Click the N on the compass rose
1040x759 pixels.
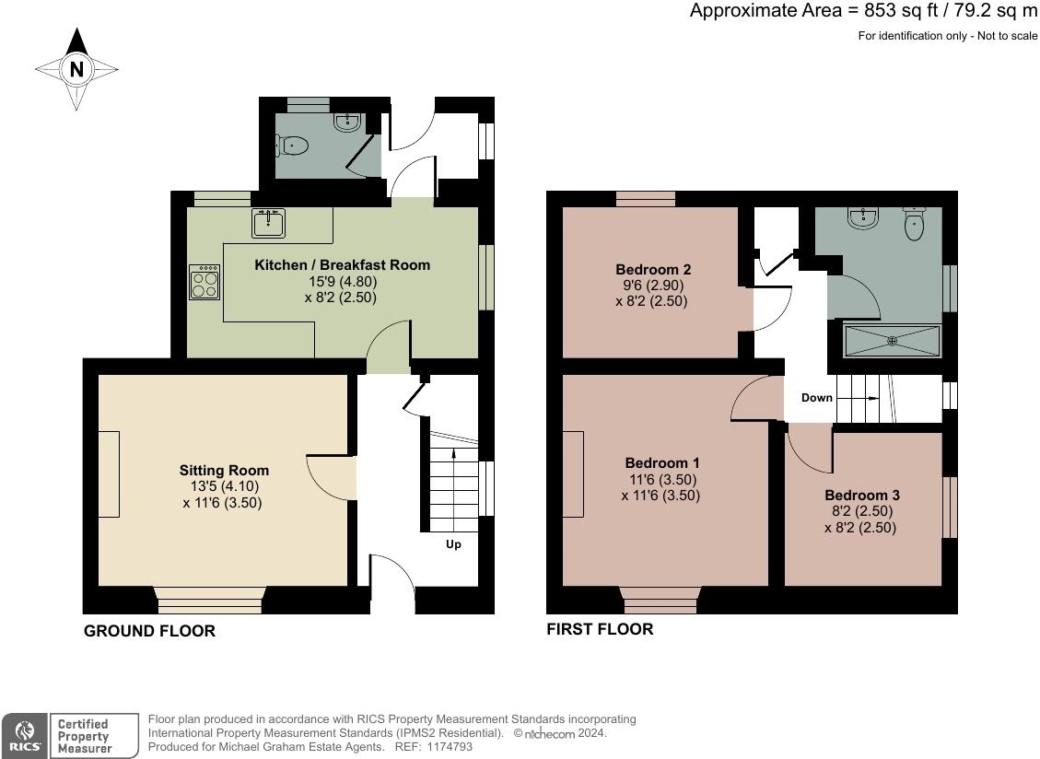[77, 69]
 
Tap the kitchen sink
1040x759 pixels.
[269, 223]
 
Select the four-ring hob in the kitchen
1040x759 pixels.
[204, 282]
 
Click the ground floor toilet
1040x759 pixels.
[293, 146]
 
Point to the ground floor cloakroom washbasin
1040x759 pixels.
[347, 123]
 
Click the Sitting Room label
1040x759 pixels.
[224, 471]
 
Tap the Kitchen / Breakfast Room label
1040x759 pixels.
[343, 264]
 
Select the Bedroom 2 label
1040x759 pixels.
[653, 269]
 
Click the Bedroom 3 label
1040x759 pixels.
[861, 495]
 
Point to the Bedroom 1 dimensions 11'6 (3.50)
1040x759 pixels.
[662, 479]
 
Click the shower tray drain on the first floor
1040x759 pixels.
[892, 341]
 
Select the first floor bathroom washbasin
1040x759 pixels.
[863, 217]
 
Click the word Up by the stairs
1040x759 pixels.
[453, 544]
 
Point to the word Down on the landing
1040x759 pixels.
[816, 397]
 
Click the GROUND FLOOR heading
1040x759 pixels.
[150, 631]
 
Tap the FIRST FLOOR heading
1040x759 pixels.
[600, 629]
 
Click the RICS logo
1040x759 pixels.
[25, 736]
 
